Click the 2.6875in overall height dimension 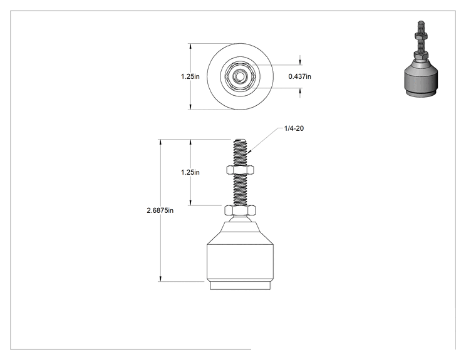point(160,210)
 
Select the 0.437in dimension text point(299,76)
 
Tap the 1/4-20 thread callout point(294,128)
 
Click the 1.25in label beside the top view point(190,76)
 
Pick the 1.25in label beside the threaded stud point(190,172)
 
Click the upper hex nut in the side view point(240,170)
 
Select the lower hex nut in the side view point(240,210)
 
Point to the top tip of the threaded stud point(240,140)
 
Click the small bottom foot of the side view point(240,285)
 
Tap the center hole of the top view point(239,76)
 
